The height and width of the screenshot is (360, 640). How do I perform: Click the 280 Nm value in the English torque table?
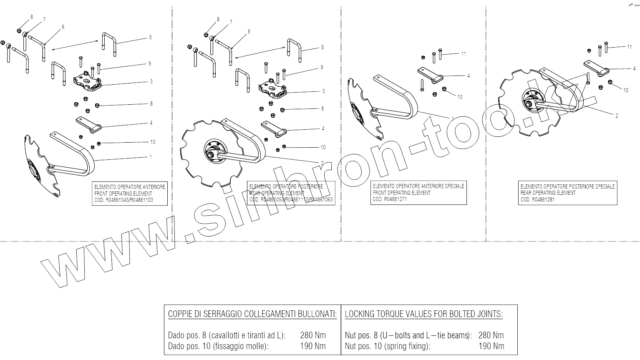click(x=491, y=335)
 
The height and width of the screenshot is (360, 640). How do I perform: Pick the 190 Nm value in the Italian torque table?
click(x=312, y=346)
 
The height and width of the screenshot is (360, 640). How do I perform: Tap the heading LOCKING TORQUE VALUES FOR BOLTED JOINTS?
click(x=423, y=314)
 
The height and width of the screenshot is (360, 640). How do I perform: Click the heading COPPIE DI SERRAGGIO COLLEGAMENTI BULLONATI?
click(x=252, y=314)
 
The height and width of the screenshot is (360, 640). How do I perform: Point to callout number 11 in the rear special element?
click(x=629, y=47)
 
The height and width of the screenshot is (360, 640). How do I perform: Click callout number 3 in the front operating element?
click(x=151, y=81)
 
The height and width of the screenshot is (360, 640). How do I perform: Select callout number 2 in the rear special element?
click(x=617, y=116)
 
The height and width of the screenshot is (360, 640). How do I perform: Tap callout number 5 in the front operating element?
click(x=150, y=37)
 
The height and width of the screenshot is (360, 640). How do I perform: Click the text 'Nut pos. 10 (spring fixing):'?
click(x=387, y=346)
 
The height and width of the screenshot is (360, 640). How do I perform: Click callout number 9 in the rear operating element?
click(x=321, y=67)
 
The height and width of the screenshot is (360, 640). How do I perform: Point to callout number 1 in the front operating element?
click(x=151, y=157)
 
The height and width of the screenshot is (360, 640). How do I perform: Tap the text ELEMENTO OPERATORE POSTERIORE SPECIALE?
click(x=567, y=186)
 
